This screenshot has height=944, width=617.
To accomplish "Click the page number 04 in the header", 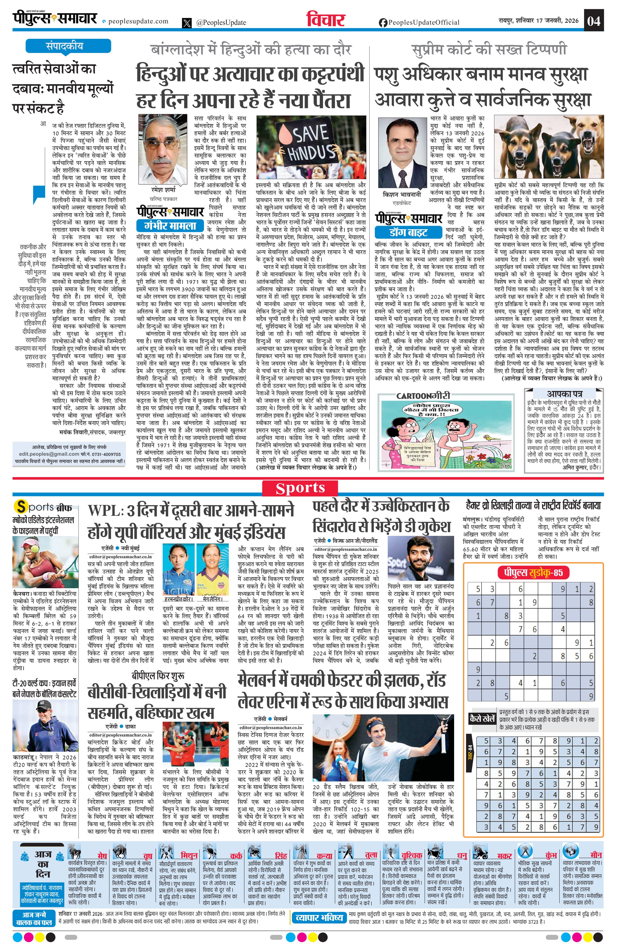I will (594, 21).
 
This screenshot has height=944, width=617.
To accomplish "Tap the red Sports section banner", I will (300, 488).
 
